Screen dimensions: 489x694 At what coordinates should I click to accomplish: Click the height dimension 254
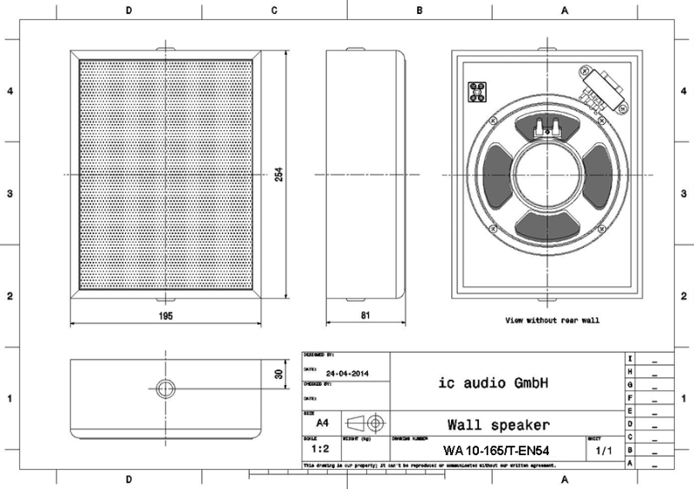[279, 174]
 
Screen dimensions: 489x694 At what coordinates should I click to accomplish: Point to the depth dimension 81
[365, 316]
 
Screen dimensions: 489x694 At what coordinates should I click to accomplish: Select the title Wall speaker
[498, 425]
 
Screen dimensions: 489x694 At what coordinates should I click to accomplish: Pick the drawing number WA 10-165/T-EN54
[494, 451]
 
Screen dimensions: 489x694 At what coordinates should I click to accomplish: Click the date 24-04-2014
[346, 373]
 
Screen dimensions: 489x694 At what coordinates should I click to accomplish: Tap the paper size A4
[322, 423]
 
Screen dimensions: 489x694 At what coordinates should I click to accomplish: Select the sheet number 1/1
[603, 451]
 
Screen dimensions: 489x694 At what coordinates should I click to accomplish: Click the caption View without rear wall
[553, 321]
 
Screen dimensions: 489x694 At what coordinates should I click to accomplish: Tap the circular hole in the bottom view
[165, 387]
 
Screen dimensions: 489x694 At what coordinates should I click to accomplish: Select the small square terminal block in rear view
[476, 92]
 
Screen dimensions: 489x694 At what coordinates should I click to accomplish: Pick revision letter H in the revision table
[630, 371]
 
